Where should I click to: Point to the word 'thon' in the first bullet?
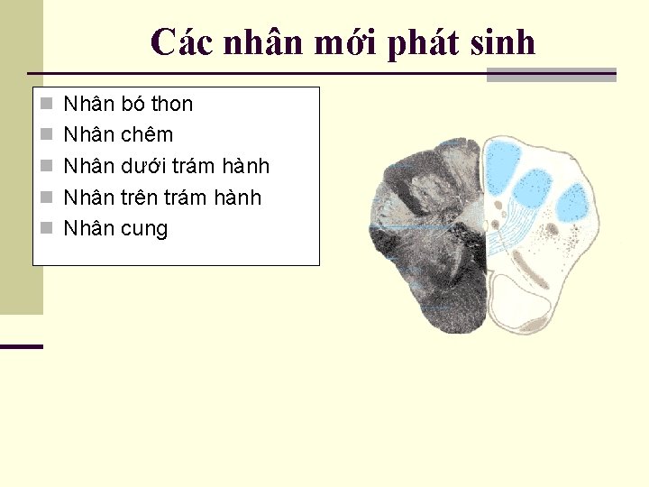tap(169, 105)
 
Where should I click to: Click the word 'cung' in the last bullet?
tap(144, 229)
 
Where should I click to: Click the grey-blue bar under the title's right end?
tap(551, 76)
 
